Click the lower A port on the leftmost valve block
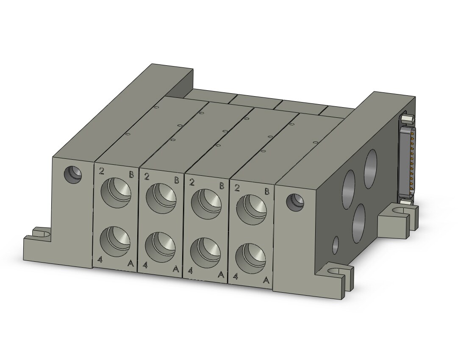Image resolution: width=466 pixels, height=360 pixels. [x=115, y=241]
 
